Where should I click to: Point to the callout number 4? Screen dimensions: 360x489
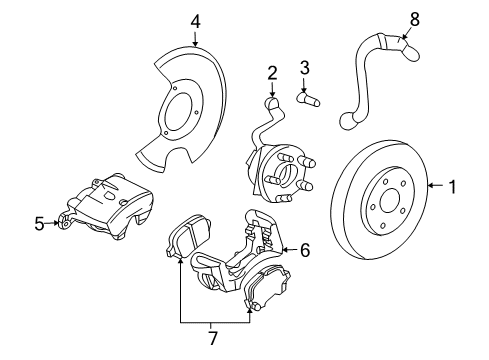(196, 19)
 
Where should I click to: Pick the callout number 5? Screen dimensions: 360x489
(39, 223)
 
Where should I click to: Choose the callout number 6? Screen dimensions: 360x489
(306, 250)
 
